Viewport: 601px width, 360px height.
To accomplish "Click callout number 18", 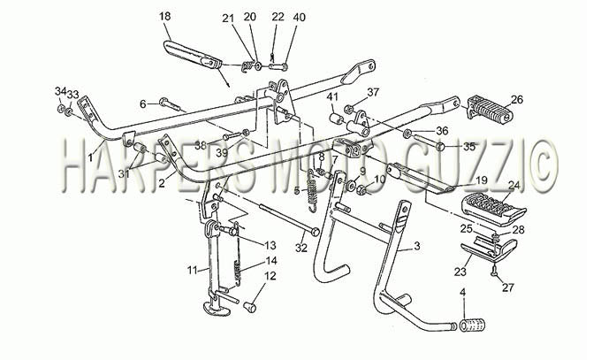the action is coord(164,17).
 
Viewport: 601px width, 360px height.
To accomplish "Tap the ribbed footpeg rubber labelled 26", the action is coord(490,107).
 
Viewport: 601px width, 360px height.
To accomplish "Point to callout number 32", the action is coord(301,249).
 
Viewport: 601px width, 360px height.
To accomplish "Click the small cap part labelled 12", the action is coord(250,307).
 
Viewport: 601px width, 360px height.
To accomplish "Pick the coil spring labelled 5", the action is coord(312,191).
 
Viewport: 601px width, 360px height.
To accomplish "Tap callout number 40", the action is coord(300,18).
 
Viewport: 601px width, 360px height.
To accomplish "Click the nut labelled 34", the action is coord(61,109).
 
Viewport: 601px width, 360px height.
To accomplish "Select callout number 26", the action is coord(517,100).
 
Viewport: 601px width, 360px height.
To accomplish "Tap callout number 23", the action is coord(460,272).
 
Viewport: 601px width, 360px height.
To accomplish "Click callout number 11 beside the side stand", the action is coord(192,270).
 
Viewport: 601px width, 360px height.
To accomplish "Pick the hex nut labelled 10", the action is coord(361,189).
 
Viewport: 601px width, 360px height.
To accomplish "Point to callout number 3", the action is coord(417,246).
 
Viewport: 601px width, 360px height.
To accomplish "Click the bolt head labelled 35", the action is coord(441,146).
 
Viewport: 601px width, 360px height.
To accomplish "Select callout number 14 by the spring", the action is coord(271,261).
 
